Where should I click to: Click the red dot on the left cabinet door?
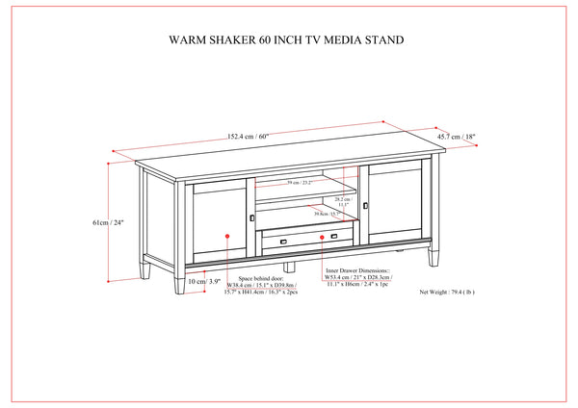point(227,235)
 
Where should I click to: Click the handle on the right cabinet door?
point(367,204)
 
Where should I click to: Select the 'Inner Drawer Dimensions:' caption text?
point(359,272)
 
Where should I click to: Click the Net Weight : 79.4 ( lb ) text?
point(454,290)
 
